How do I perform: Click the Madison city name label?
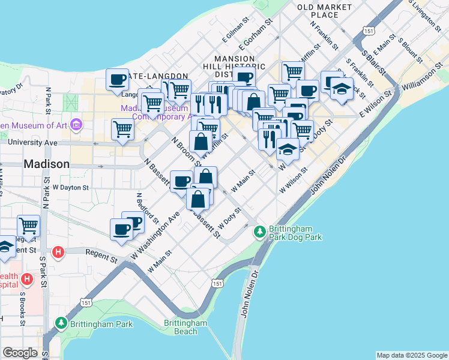tap(46, 164)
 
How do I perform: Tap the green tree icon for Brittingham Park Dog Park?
tap(259, 230)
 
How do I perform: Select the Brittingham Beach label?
tap(185, 327)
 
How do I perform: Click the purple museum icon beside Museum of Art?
tap(76, 125)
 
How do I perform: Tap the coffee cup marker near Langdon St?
tap(118, 80)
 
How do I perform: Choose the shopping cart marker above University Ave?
tap(122, 130)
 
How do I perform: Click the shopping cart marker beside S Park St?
tap(28, 226)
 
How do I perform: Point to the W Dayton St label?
tap(71, 187)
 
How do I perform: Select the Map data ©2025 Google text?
tap(411, 355)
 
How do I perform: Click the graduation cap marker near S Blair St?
tap(341, 89)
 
